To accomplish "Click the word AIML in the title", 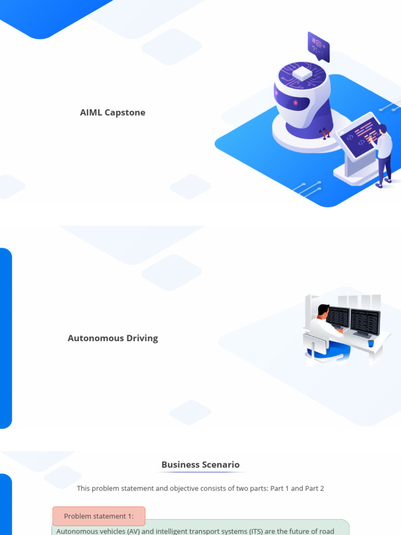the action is [91, 113].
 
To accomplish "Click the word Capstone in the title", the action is [125, 113].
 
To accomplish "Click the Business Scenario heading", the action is [200, 464].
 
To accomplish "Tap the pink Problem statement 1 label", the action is [99, 516].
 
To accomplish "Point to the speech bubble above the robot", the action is [319, 46].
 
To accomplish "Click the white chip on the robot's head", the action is [302, 74].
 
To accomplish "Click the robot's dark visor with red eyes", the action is [293, 101].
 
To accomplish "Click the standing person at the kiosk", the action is [384, 156].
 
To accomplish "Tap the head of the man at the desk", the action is [323, 310].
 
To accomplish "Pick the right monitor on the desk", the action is [365, 322].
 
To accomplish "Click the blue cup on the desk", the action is [371, 343].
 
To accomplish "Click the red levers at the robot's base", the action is [324, 133].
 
